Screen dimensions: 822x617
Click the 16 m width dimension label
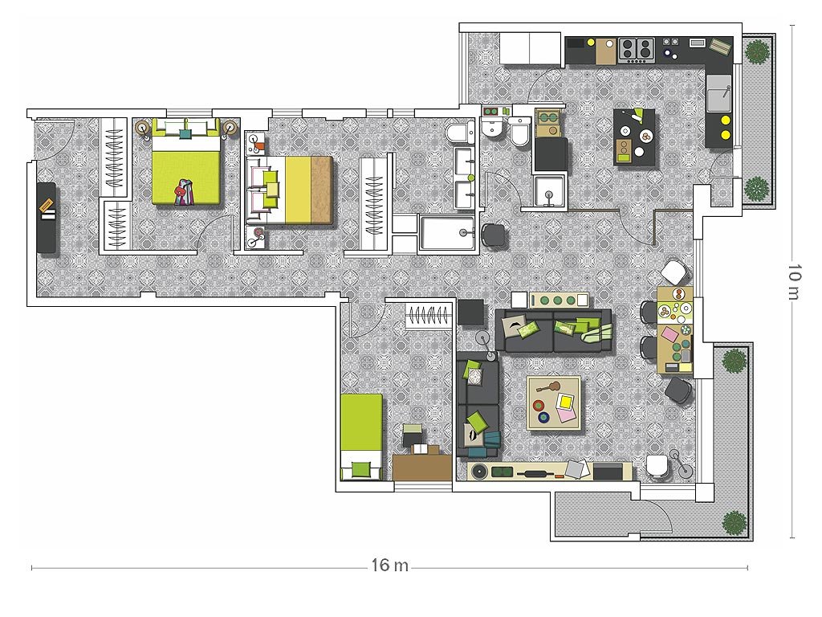point(389,565)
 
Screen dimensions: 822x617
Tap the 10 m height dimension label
point(795,282)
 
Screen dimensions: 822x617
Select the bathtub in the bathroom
point(446,232)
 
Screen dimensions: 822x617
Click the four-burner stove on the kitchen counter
point(637,50)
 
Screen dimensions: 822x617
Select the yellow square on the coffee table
point(566,402)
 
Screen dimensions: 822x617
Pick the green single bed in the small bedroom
point(361,436)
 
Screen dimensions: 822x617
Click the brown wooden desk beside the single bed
point(422,467)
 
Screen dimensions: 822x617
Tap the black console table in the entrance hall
point(46,217)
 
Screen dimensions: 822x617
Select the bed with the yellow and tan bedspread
point(289,190)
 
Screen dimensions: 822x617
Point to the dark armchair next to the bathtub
point(494,235)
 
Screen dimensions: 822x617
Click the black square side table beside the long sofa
point(470,313)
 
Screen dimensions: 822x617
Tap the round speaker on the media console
point(479,471)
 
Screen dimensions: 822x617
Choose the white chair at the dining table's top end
point(674,272)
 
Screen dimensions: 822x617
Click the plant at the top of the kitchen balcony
point(756,51)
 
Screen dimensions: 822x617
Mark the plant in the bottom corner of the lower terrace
point(734,522)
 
